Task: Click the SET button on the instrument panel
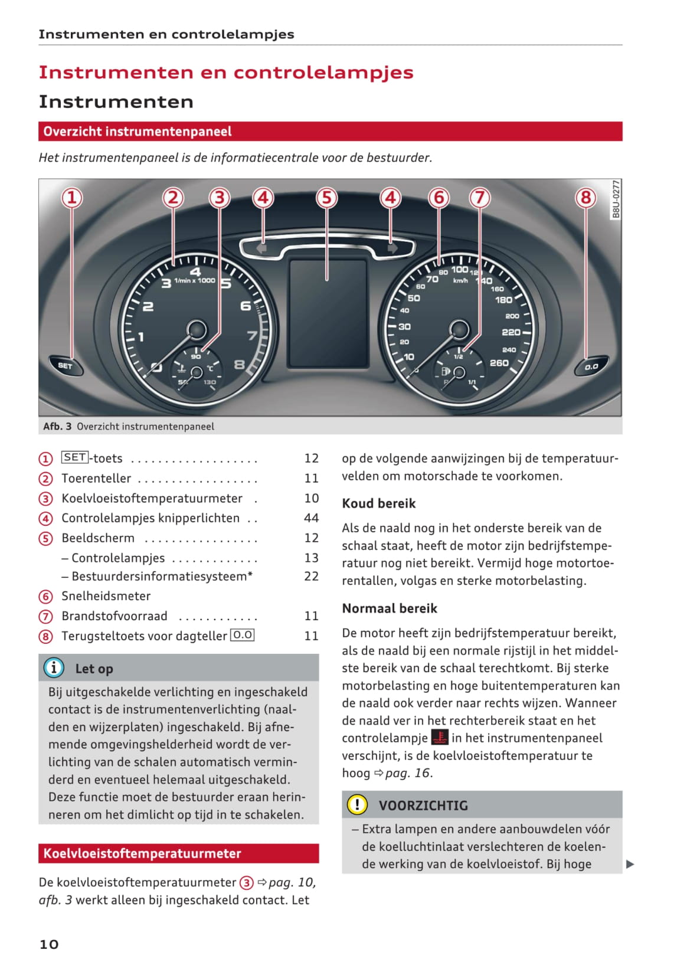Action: tap(65, 366)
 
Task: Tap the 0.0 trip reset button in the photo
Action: tap(591, 367)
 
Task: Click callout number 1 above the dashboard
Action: tap(72, 197)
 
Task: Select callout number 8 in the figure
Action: tap(585, 197)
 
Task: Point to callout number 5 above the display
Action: tap(326, 197)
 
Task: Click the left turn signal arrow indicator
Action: tap(262, 248)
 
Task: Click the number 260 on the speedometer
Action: tap(499, 363)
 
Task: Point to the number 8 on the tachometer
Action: tap(239, 365)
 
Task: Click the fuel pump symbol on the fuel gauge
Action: tap(446, 372)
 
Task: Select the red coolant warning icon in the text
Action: tap(440, 738)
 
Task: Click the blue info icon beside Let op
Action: tap(54, 667)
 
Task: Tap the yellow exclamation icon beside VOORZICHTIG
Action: tap(357, 804)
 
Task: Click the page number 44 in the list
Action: tap(311, 518)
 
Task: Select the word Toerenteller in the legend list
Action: tap(96, 479)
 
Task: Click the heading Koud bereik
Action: tap(379, 503)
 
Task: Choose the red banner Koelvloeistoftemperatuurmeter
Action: tap(178, 853)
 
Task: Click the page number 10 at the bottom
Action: tap(49, 944)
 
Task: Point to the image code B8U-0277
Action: tap(616, 199)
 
